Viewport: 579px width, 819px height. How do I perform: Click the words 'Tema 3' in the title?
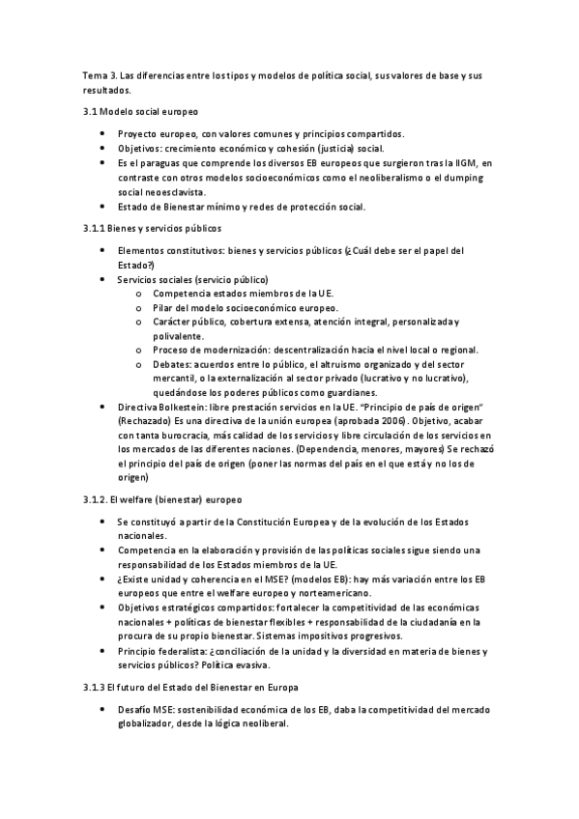[98, 75]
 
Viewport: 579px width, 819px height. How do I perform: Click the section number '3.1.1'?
[95, 228]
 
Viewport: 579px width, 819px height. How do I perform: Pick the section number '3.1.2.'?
[97, 500]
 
